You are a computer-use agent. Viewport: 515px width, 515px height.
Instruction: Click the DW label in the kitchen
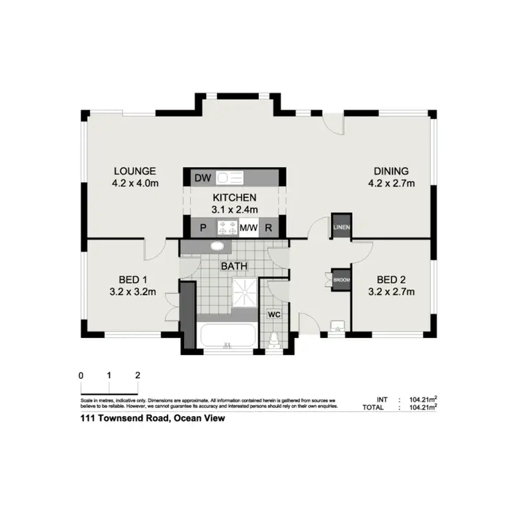pos(202,179)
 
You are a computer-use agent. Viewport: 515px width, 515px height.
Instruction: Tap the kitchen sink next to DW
pos(230,179)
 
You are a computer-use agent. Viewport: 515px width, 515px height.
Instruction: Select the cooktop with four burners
pos(226,228)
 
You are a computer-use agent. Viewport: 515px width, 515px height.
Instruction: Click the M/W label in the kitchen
pos(248,228)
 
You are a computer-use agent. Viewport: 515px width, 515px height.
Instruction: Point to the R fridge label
pos(269,228)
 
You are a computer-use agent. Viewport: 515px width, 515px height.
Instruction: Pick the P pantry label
pos(203,228)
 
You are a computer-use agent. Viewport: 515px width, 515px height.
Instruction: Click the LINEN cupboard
pos(341,227)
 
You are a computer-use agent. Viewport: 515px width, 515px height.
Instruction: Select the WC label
pos(273,314)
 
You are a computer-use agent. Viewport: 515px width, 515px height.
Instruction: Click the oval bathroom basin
pos(216,247)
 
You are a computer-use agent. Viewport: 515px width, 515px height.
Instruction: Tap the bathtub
pos(227,336)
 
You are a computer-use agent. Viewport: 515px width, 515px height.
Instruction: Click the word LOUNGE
pos(135,171)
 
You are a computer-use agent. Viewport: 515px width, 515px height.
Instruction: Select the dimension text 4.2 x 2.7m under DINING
pos(391,183)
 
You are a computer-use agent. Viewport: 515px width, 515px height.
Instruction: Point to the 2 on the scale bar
pos(138,376)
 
